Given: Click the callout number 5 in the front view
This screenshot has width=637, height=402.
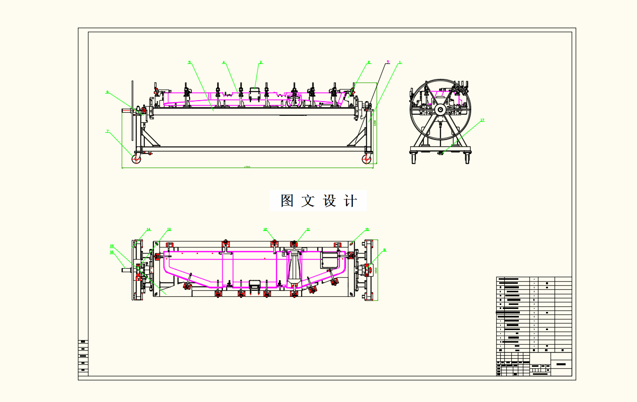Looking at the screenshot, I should pos(190,62).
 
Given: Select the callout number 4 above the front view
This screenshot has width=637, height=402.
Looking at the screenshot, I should pos(224,62).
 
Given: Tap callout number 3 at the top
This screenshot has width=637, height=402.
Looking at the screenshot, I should pos(260,62).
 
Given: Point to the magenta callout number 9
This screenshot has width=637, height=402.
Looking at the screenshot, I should pos(388,62).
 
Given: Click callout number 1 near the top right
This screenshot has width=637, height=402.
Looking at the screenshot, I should pos(400,62).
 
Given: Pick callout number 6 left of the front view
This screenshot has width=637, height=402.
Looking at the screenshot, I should pos(107,92).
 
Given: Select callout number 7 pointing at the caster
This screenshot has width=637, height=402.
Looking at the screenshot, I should pos(107,131).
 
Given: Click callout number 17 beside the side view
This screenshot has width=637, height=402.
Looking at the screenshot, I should pos(482,120).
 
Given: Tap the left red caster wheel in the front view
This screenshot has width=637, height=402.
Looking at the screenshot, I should pos(136,159).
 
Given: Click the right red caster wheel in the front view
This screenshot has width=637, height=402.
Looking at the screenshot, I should pos(366,159).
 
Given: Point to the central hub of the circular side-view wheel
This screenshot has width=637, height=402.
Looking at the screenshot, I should pos(440,109).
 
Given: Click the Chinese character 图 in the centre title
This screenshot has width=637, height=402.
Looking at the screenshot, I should pos(287,201).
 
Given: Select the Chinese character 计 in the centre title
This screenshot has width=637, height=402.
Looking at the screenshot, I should pos(350,201).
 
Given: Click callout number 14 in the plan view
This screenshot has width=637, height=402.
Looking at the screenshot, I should pos(148,229).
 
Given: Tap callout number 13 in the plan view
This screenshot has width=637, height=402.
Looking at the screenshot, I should pos(169,229).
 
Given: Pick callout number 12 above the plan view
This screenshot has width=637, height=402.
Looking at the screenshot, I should pos(265,229).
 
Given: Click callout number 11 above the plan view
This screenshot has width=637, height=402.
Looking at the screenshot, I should pos(308,229).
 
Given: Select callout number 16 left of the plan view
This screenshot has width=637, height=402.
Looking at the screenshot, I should pos(112,252).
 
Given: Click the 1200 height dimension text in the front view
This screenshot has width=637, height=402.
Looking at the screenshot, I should pos(375,123).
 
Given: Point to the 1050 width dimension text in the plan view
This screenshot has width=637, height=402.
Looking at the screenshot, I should pos(376,270).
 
